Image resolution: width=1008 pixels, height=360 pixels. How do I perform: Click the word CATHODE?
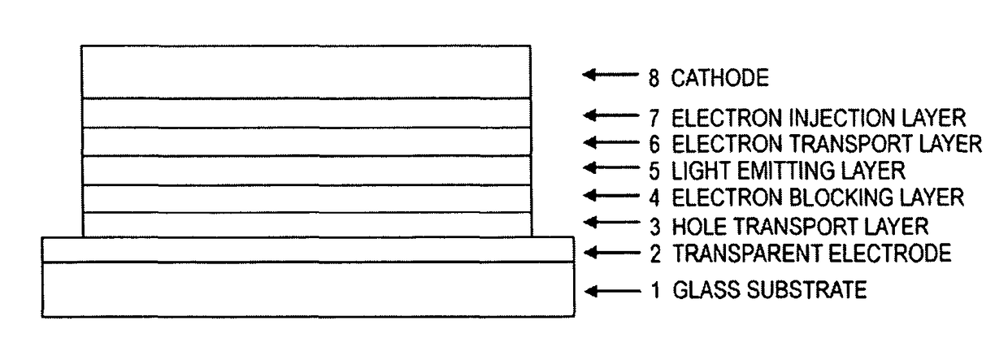719,78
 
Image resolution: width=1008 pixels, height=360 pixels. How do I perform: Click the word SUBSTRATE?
803,290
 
